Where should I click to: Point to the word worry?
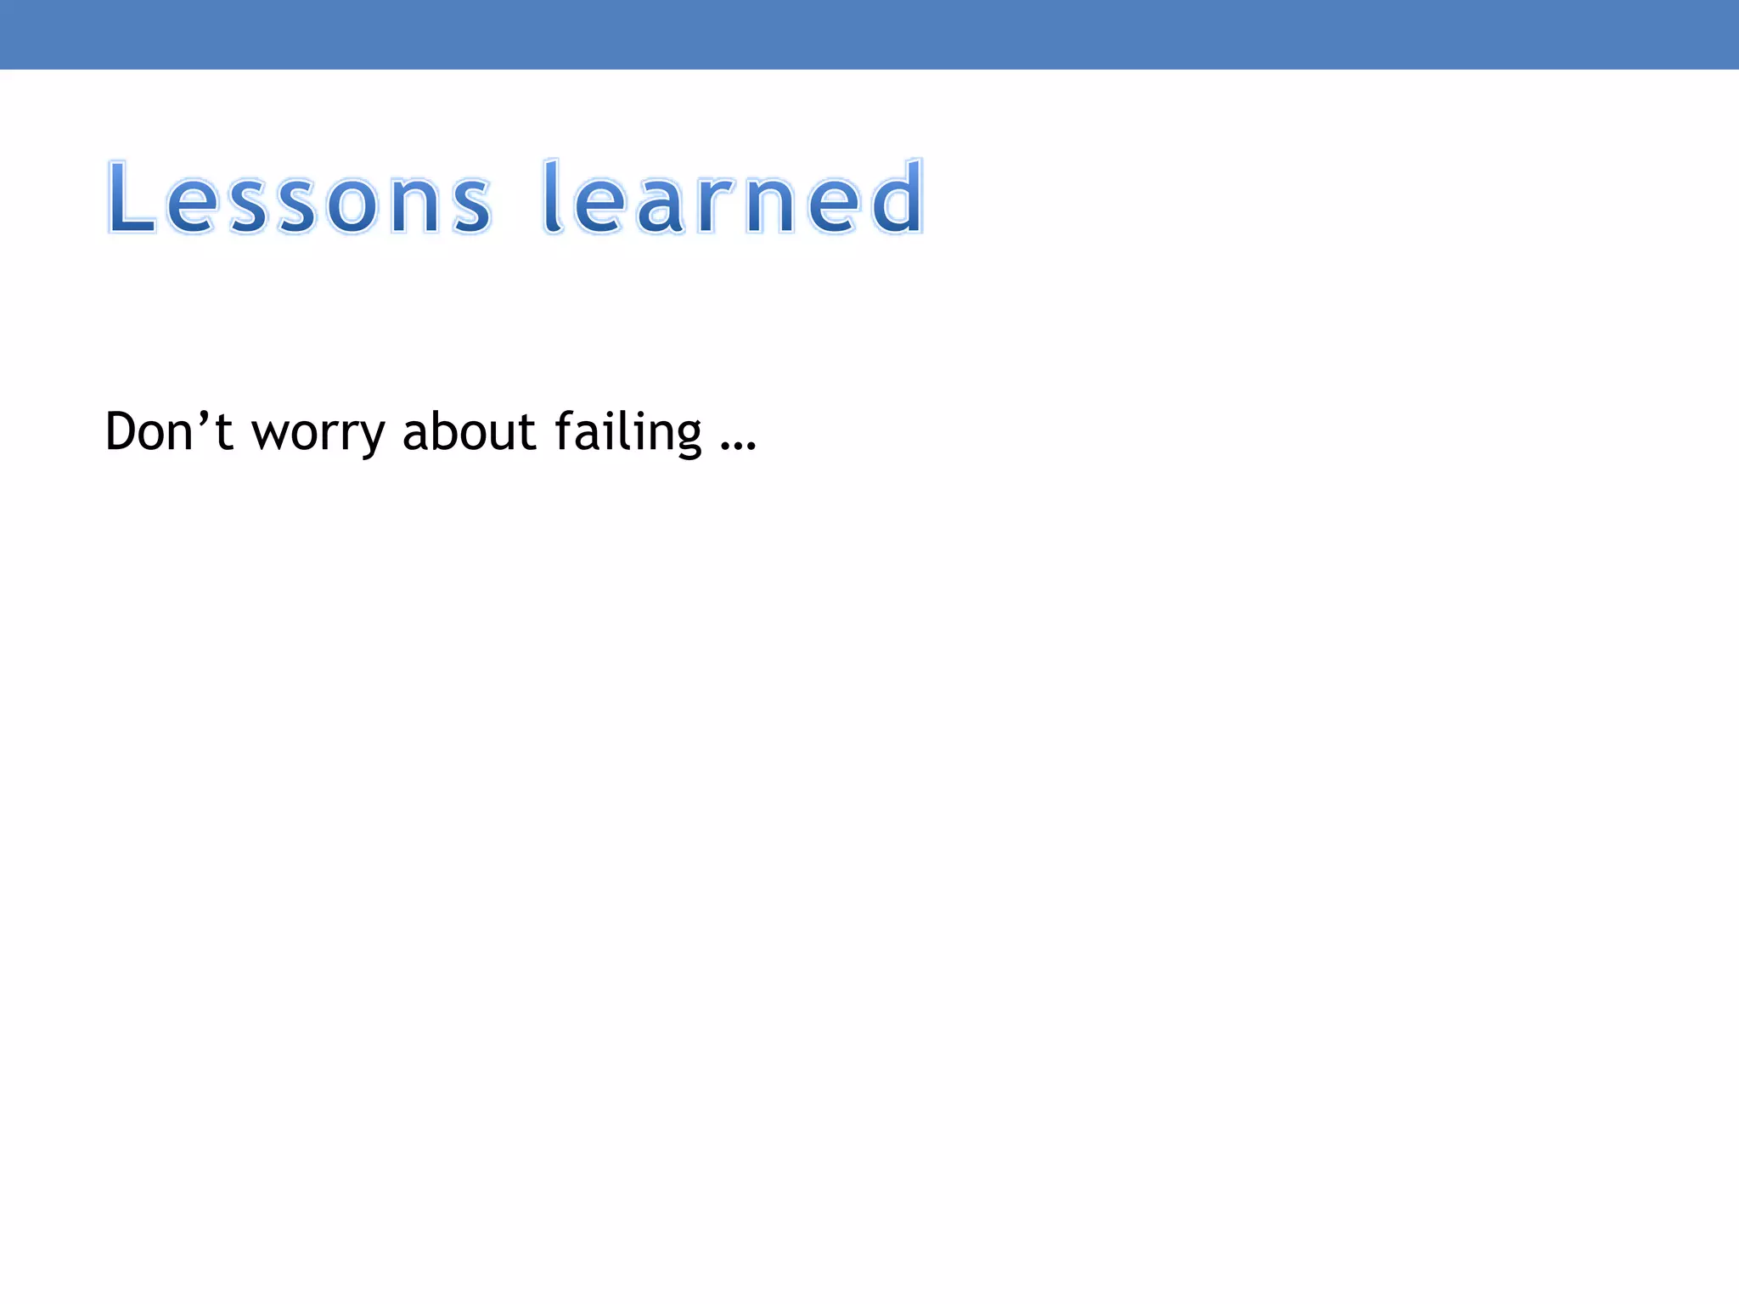tap(318, 433)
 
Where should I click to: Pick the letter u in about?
tap(504, 435)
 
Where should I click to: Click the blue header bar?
tap(869, 34)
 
